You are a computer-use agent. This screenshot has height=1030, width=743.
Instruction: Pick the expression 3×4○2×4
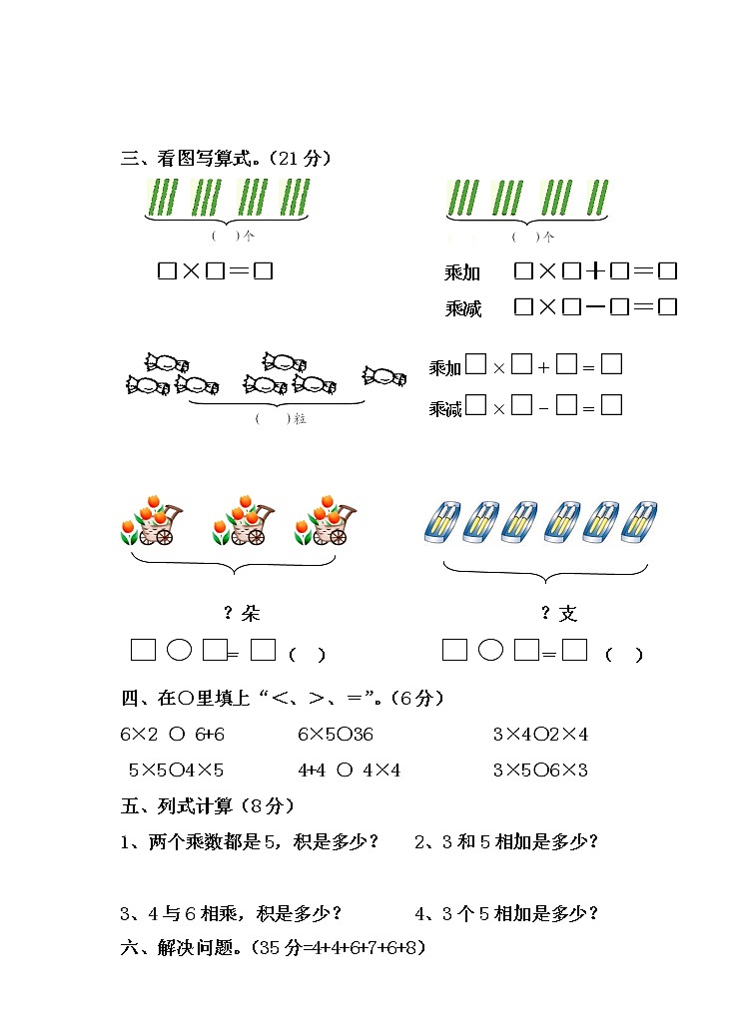(540, 735)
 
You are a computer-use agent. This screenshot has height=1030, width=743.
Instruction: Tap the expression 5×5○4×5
(176, 771)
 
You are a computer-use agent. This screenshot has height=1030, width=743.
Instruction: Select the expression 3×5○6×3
(540, 771)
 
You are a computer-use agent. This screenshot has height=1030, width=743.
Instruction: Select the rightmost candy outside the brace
(384, 376)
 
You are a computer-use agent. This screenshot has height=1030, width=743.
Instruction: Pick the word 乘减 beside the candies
(445, 408)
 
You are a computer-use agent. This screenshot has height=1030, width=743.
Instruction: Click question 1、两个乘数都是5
(250, 841)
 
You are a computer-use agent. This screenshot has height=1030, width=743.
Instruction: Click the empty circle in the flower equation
(179, 651)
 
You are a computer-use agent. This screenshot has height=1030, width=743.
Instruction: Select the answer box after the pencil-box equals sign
(574, 651)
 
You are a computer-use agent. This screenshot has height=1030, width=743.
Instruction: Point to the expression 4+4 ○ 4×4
(350, 771)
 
